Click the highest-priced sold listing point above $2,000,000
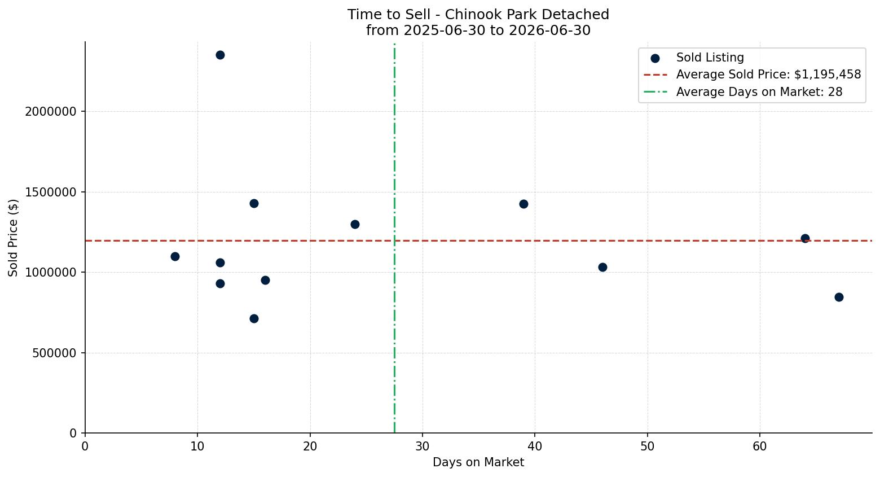(220, 55)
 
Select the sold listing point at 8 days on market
(175, 256)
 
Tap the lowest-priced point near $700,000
(254, 318)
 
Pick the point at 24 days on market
(355, 224)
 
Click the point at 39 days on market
(523, 204)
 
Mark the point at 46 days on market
(602, 268)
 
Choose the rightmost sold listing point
(839, 297)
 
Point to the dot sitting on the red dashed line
(805, 238)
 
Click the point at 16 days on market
(265, 281)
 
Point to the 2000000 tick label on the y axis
(51, 112)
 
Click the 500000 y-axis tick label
(54, 353)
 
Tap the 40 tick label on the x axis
(535, 447)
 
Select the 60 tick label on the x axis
(760, 447)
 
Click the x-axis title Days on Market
(478, 462)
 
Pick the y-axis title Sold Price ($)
(13, 238)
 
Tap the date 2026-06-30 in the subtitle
(549, 30)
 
